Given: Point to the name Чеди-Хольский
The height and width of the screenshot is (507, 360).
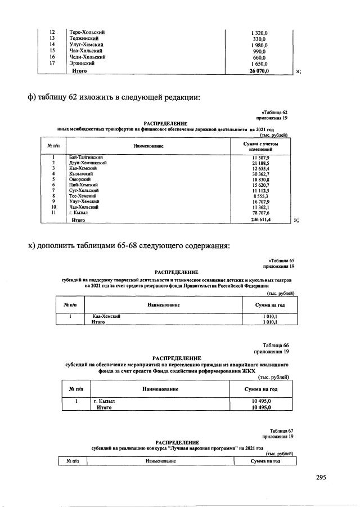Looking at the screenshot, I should click(x=87, y=57).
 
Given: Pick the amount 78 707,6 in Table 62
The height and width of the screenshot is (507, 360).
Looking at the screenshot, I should click(x=262, y=213).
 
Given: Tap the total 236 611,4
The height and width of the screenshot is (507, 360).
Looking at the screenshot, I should click(x=261, y=221).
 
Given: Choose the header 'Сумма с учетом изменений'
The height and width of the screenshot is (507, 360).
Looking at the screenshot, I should click(x=262, y=146).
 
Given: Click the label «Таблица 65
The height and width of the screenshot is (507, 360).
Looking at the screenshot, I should click(x=278, y=261).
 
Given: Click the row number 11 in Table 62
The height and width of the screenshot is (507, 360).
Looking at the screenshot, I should click(x=52, y=213).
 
